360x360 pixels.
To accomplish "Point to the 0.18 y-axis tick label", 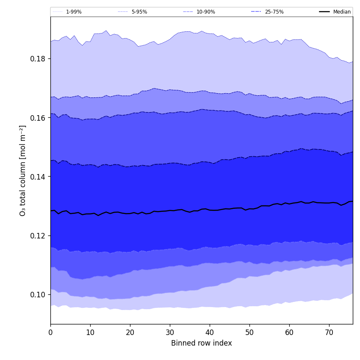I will [x=38, y=58].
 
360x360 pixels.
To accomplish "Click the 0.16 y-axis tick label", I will [x=38, y=118].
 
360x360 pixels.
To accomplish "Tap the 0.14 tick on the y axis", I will [x=38, y=177].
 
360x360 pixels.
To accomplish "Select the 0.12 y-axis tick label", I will [x=38, y=235].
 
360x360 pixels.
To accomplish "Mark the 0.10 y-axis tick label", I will [x=38, y=295].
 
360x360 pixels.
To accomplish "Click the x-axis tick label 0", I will [x=50, y=333].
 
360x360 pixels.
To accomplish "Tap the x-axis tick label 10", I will [x=90, y=333].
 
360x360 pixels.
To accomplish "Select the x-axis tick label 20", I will [x=130, y=333].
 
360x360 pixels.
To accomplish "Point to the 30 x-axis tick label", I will [x=170, y=333].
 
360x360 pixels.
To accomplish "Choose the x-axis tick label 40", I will [x=210, y=333].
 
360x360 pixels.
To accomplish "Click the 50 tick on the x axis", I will [x=249, y=333].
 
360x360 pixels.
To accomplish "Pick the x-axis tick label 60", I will [x=289, y=333].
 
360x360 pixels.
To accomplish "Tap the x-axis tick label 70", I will [x=329, y=333].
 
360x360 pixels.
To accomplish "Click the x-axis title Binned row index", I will [x=202, y=343].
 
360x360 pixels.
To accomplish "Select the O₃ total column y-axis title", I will [x=23, y=170].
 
